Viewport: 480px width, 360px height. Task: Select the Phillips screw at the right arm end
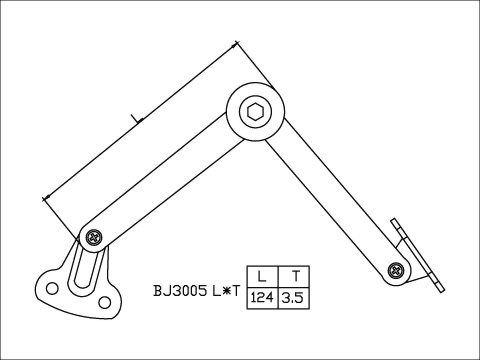[x=397, y=269]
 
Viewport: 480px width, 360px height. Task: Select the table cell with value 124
[x=261, y=297]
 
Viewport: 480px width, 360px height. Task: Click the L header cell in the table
[x=261, y=276]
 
